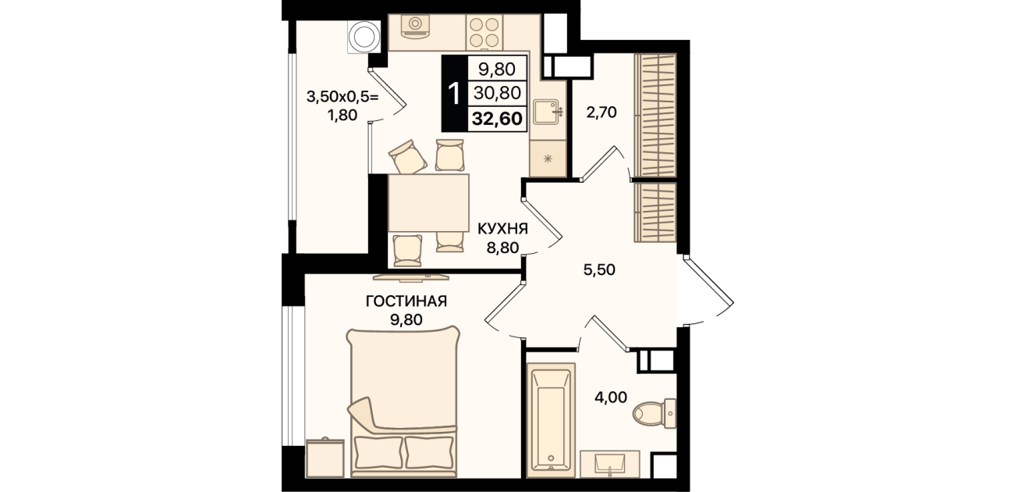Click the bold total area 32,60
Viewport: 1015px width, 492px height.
click(497, 119)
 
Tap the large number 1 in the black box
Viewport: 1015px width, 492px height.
click(453, 94)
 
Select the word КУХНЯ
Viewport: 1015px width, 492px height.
click(503, 229)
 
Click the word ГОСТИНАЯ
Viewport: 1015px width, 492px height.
click(406, 301)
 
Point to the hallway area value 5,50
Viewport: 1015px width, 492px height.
click(599, 269)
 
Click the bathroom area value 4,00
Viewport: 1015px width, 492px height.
click(611, 398)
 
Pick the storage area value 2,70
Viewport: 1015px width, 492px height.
click(602, 112)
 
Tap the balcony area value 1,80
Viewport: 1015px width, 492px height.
click(342, 115)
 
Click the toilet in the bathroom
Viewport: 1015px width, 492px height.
click(655, 414)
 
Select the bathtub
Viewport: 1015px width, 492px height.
click(551, 420)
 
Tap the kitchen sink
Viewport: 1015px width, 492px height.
click(548, 112)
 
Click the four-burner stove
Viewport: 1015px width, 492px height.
click(484, 31)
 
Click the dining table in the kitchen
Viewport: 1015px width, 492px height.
click(428, 203)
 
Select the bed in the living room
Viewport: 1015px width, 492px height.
click(403, 401)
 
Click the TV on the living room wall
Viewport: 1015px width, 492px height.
click(410, 276)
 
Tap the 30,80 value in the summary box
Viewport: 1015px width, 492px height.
click(497, 93)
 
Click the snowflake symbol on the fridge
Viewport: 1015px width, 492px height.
click(548, 159)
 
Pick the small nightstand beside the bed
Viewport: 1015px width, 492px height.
click(325, 458)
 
